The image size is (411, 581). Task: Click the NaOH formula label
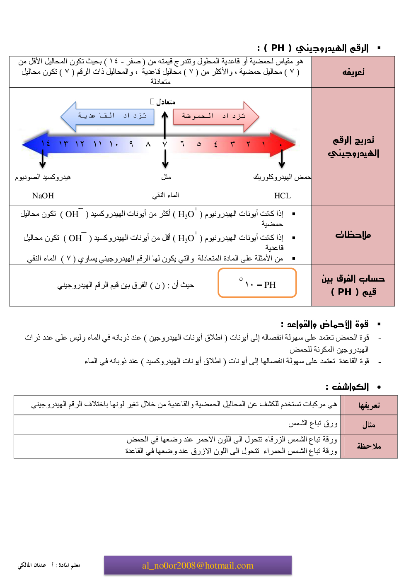[x=43, y=196]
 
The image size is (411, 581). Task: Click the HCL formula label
[x=283, y=196]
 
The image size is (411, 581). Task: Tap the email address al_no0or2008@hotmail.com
[x=198, y=566]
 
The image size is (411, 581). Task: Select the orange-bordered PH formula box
[x=257, y=283]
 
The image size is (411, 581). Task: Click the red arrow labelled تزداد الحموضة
[x=215, y=116]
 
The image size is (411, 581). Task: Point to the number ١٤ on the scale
[x=46, y=143]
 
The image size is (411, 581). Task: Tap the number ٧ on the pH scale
[x=164, y=144]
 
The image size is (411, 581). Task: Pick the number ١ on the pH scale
[x=264, y=144]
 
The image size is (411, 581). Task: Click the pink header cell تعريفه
[x=353, y=72]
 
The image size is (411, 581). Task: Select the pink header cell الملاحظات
[x=353, y=235]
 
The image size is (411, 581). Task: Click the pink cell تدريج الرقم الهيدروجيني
[x=353, y=147]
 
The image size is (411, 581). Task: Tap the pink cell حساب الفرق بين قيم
[x=353, y=285]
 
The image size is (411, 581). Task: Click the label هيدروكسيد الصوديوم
[x=43, y=177]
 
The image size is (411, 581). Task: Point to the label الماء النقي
[x=166, y=195]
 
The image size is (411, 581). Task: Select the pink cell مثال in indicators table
[x=369, y=425]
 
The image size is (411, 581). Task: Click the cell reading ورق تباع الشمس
[x=313, y=424]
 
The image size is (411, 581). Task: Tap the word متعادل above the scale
[x=166, y=102]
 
